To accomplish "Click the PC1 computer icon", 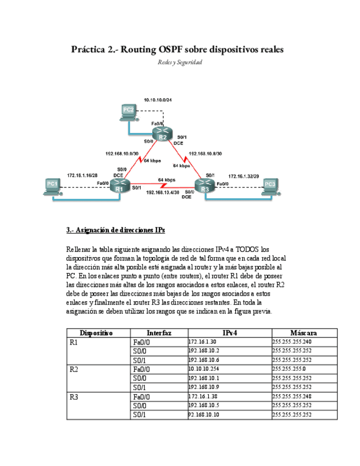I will click(52, 186).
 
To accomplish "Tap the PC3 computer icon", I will click(269, 186).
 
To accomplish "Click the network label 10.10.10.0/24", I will click(158, 100).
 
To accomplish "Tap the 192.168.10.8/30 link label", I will click(205, 154).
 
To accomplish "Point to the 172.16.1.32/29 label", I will click(243, 176).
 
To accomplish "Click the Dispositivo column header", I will click(97, 333).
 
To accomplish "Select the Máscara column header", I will click(303, 333).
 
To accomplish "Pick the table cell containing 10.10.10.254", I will click(204, 369).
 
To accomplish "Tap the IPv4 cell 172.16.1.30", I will click(203, 342).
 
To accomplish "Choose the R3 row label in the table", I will click(75, 396).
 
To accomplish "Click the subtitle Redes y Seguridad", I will click(180, 63).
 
